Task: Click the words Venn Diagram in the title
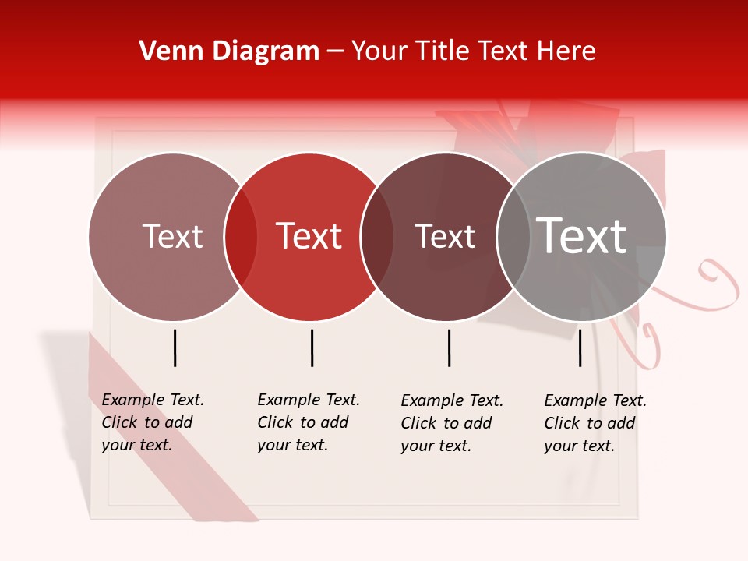point(229,51)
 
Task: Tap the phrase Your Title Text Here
point(473,51)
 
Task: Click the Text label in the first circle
point(172,236)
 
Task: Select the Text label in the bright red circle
point(309,236)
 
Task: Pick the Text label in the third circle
point(445,236)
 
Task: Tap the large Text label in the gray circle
point(582,235)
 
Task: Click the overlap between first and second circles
point(241,237)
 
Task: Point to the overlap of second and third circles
point(377,237)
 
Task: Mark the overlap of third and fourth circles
point(513,237)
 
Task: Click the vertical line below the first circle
point(175,348)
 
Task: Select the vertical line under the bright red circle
point(312,348)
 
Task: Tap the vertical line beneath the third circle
point(449,348)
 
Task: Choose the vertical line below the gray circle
point(580,348)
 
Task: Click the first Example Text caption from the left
point(152,422)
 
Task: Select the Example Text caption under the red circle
point(308,422)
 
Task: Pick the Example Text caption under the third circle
point(451,423)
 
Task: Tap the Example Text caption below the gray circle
point(595,423)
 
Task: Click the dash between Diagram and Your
point(335,51)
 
